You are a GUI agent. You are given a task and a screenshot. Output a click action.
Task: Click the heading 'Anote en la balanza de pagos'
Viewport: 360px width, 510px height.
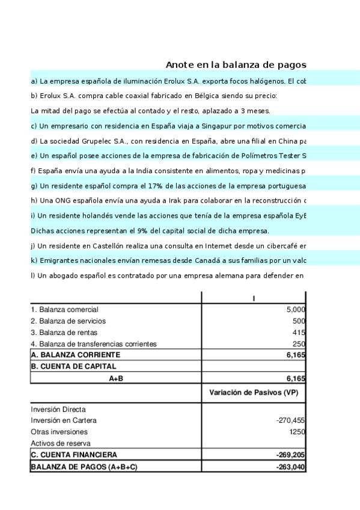point(236,65)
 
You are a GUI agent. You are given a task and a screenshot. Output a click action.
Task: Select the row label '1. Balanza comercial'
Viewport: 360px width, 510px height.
point(64,309)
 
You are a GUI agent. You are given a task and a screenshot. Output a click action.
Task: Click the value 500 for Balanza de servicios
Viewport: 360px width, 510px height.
point(299,321)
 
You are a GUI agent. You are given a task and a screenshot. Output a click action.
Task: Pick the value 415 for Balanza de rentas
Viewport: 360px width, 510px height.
point(299,332)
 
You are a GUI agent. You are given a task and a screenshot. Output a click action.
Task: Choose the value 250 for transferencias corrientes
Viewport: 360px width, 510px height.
point(299,343)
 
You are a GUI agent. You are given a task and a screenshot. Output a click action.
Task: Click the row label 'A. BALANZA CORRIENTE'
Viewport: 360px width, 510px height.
point(75,355)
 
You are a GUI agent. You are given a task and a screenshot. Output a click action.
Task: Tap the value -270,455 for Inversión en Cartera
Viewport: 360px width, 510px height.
point(291,420)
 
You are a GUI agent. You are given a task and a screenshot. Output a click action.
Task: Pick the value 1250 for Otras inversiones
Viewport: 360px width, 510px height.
point(297,432)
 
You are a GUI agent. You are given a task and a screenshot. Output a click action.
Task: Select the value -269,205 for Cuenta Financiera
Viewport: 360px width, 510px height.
point(291,455)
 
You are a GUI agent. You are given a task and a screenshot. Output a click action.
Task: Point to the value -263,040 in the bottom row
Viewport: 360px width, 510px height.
point(291,466)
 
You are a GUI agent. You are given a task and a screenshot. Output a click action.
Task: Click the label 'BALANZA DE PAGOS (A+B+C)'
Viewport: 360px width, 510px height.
point(84,466)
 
